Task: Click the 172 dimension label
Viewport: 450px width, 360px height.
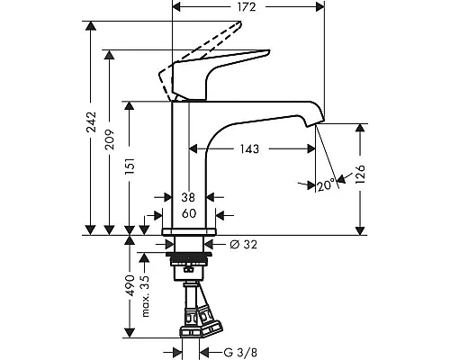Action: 247,7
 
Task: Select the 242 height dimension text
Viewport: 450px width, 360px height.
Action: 91,121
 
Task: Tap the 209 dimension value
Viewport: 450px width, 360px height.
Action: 110,139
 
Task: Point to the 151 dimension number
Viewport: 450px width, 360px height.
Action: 130,166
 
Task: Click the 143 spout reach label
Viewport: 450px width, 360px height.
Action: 249,148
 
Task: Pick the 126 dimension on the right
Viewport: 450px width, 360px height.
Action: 360,175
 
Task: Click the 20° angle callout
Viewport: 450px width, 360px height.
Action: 326,185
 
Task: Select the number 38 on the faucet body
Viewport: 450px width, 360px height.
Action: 188,197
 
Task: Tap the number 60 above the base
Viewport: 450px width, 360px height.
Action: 189,213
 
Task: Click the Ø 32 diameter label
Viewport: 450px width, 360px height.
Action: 243,245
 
